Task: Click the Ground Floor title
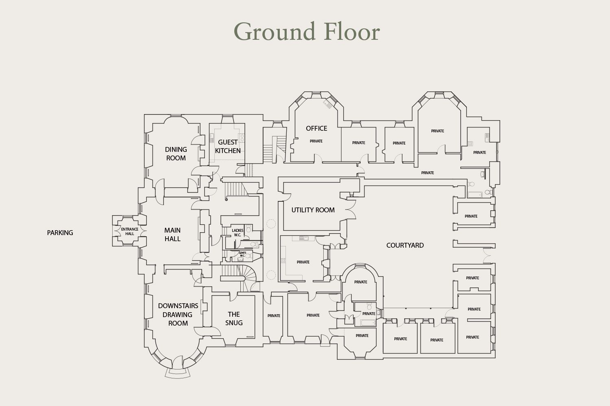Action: click(x=307, y=32)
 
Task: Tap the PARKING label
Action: click(x=60, y=233)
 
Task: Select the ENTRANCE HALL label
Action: click(x=130, y=231)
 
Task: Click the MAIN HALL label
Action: click(x=172, y=234)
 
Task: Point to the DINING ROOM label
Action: click(x=176, y=153)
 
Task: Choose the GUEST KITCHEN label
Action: click(x=228, y=146)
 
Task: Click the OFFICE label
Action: click(x=316, y=128)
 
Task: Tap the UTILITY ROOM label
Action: click(x=313, y=210)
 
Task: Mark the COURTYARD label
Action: click(x=405, y=245)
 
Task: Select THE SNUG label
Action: click(x=234, y=318)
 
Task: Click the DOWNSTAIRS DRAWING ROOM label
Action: click(x=178, y=314)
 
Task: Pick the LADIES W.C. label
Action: click(x=237, y=233)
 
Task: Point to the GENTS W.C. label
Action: click(x=242, y=254)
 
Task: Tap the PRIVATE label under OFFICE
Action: click(x=316, y=141)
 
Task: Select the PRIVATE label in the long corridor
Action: click(x=427, y=173)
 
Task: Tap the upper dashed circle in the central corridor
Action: click(x=271, y=224)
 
